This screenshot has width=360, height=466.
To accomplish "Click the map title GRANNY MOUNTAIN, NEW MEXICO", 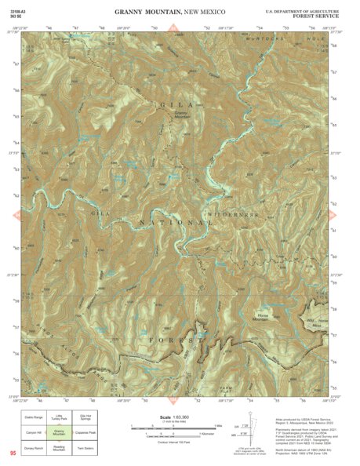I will (x=169, y=13).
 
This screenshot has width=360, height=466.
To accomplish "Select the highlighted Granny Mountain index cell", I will (x=59, y=431).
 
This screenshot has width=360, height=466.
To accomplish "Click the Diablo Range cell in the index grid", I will (x=32, y=417).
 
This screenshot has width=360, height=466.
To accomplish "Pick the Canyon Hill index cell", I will (x=32, y=431).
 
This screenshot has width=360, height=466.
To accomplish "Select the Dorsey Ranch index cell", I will (x=32, y=446).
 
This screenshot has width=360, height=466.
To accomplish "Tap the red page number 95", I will (x=13, y=453).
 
